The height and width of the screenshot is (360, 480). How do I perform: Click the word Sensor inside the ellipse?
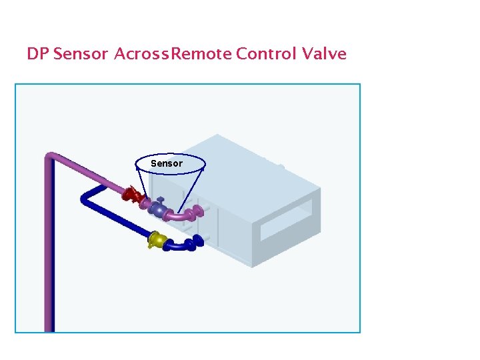[166, 163]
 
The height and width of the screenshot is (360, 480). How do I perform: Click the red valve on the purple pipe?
[131, 195]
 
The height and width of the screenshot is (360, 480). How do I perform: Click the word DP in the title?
[37, 54]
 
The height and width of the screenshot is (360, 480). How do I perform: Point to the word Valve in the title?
[324, 54]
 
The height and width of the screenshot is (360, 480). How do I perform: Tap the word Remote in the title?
[202, 54]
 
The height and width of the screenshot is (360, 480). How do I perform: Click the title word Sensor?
[80, 54]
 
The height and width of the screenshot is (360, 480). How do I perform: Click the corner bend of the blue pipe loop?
[85, 197]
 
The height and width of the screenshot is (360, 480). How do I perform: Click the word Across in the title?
[142, 54]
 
